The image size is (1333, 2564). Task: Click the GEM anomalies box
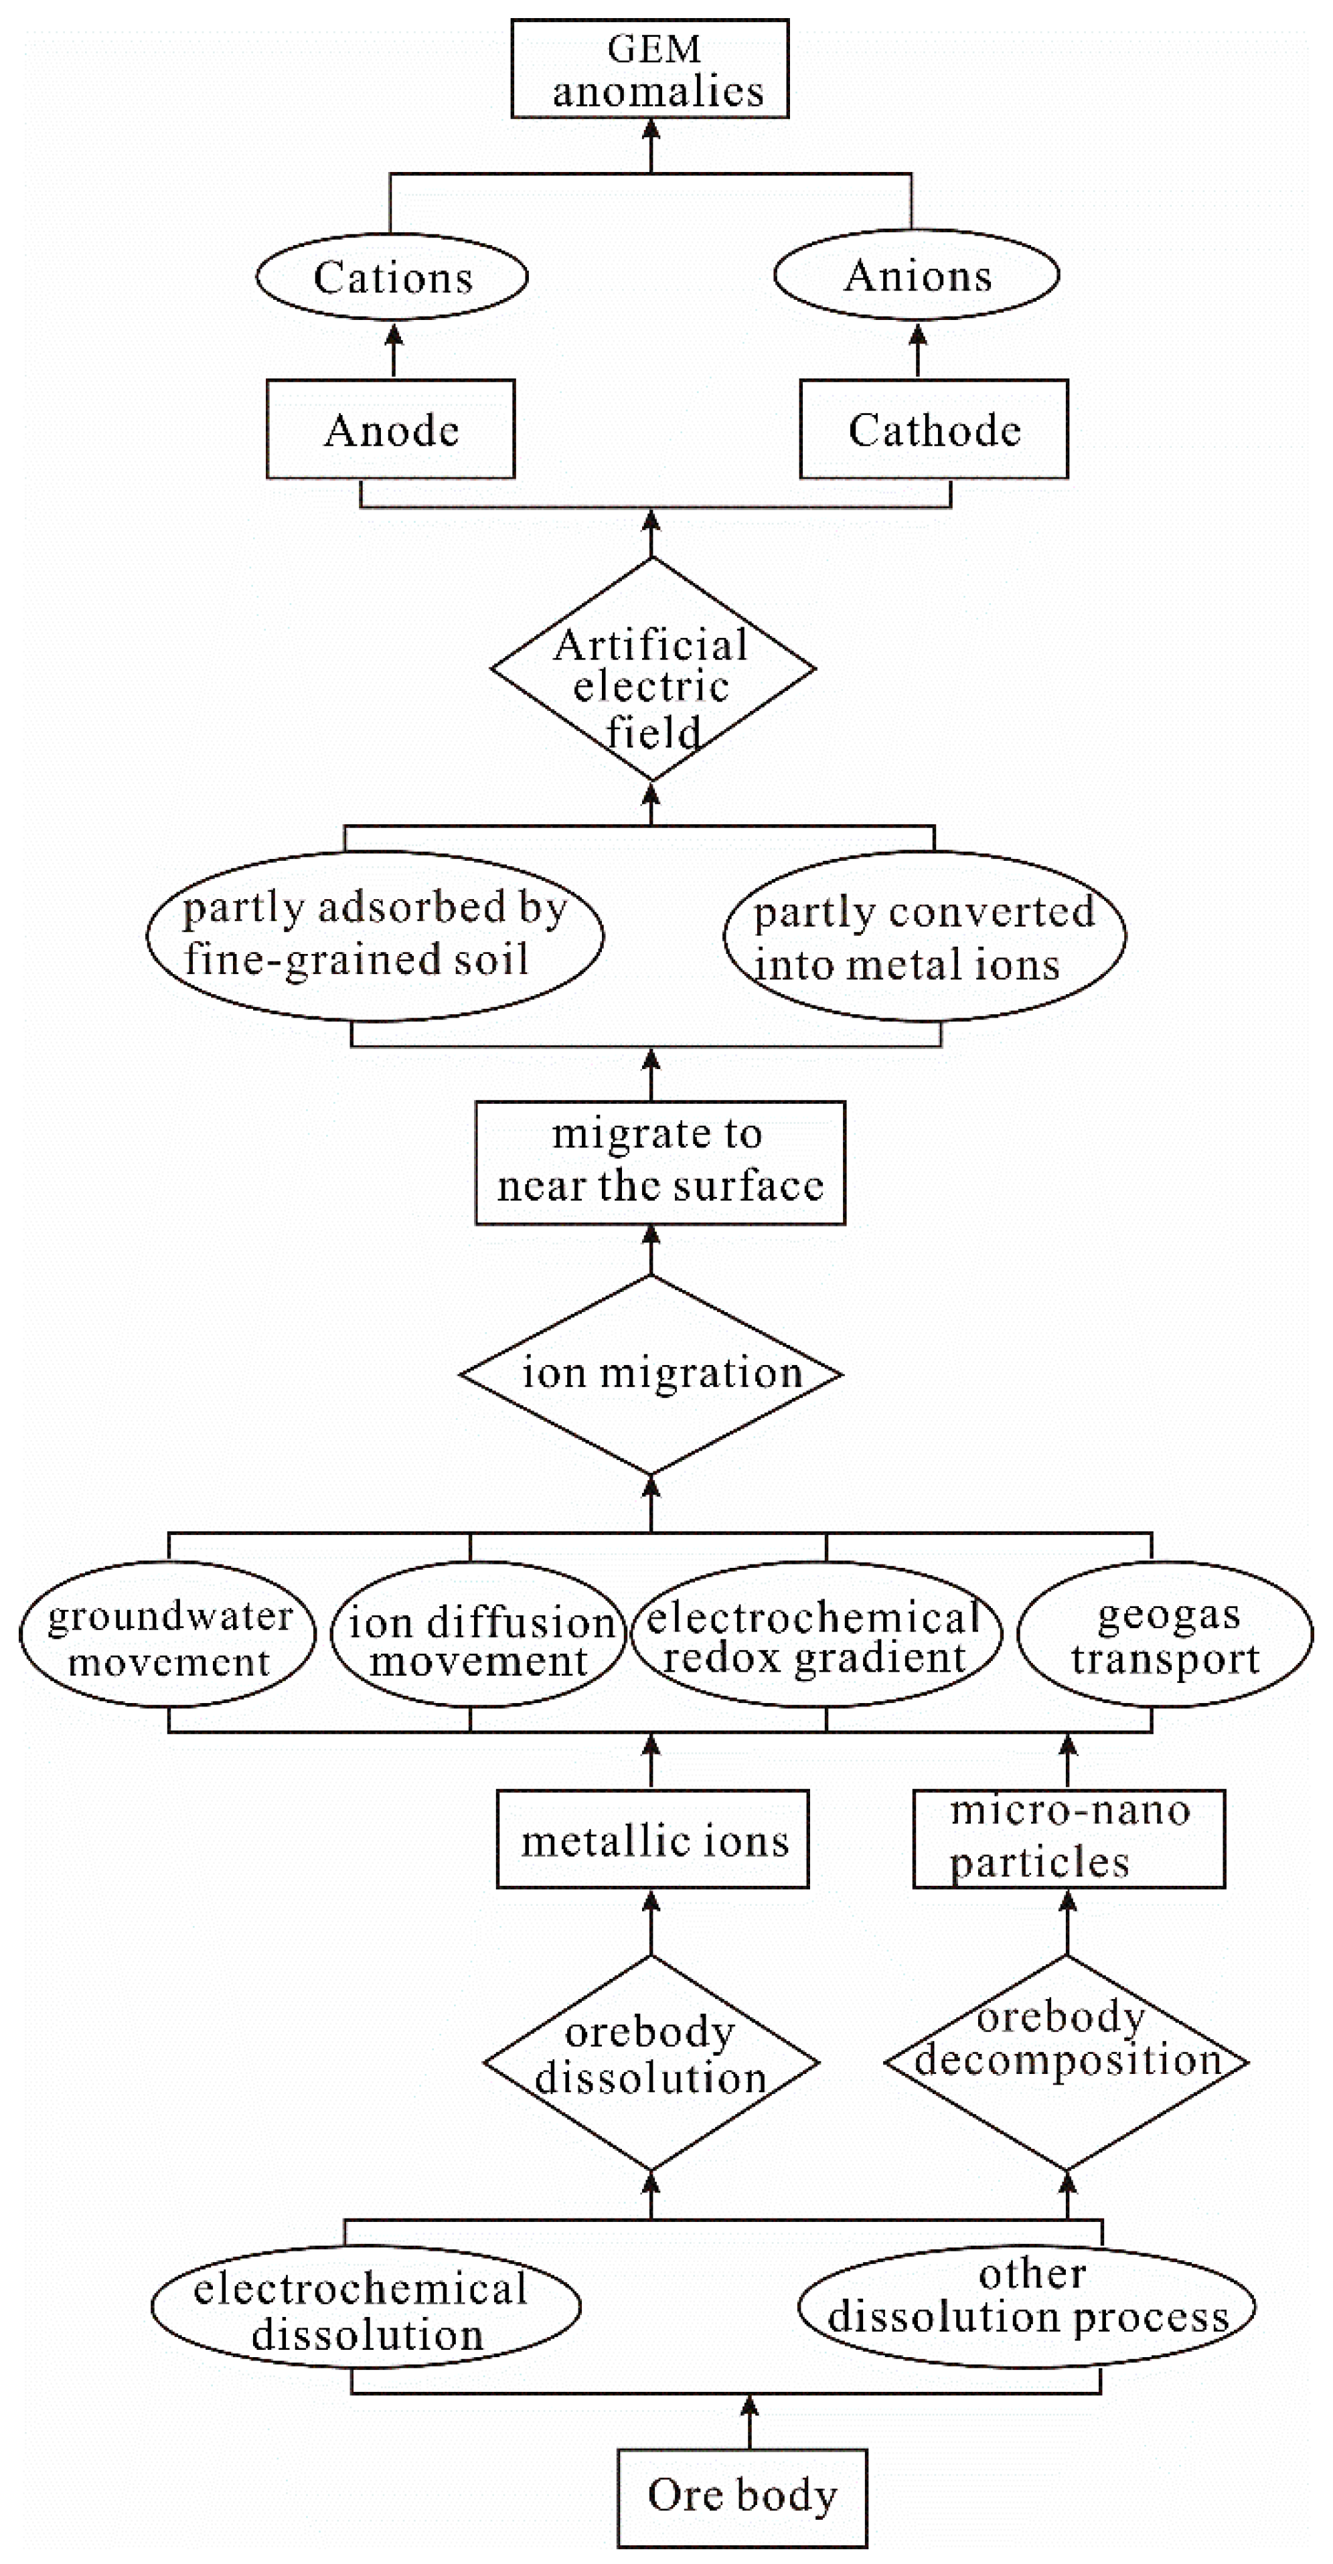pyautogui.click(x=650, y=69)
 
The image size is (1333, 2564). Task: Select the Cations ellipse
pyautogui.click(x=392, y=276)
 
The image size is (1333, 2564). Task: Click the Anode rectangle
pyautogui.click(x=390, y=429)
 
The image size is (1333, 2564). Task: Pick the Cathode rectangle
pyautogui.click(x=934, y=429)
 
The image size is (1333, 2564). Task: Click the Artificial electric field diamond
pyautogui.click(x=653, y=668)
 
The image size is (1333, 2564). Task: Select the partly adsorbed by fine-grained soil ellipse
pyautogui.click(x=376, y=936)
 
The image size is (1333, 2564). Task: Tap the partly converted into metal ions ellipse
pyautogui.click(x=924, y=937)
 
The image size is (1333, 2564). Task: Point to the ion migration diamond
pyautogui.click(x=651, y=1374)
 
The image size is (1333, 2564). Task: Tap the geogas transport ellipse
pyautogui.click(x=1166, y=1633)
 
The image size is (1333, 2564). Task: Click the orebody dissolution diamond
pyautogui.click(x=651, y=2061)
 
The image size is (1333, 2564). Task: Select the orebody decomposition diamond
pyautogui.click(x=1067, y=2061)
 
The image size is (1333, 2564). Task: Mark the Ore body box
pyautogui.click(x=742, y=2496)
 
